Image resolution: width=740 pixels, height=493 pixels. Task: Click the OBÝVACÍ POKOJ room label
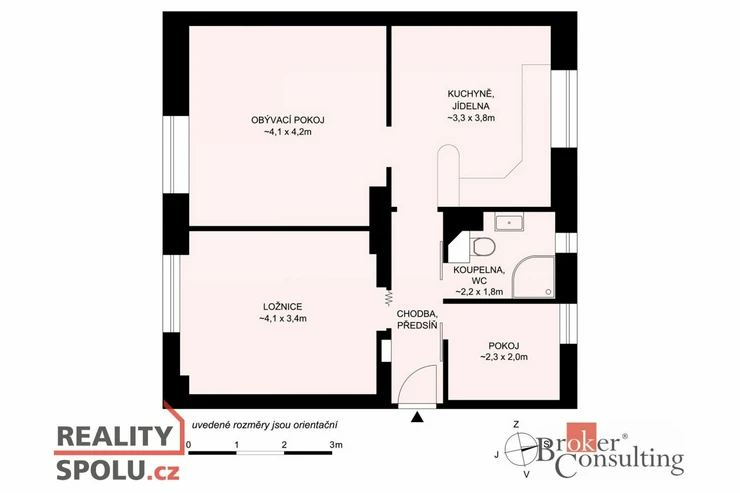tap(287, 120)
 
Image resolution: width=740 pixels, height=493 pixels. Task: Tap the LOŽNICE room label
tap(282, 307)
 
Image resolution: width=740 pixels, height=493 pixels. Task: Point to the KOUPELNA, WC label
tap(479, 276)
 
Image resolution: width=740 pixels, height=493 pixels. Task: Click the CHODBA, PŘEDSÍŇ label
tap(418, 319)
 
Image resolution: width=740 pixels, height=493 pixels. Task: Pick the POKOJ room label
tap(504, 346)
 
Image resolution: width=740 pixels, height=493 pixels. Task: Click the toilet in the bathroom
tap(483, 246)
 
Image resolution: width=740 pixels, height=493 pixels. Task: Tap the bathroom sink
tap(509, 222)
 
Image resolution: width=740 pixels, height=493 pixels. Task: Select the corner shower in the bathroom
tap(533, 277)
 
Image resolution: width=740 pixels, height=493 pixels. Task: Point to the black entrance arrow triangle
tap(417, 417)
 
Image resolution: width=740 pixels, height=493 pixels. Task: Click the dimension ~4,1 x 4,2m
tap(287, 132)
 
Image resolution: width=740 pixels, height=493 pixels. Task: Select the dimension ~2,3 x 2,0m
tap(504, 357)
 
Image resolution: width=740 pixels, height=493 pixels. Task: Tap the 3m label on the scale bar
tap(336, 444)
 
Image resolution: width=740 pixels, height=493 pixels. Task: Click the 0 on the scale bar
tap(189, 444)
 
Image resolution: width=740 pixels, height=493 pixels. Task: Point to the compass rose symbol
tap(521, 450)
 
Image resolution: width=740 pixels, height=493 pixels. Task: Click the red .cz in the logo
tap(162, 471)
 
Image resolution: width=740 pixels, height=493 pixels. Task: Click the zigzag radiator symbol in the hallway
tap(389, 296)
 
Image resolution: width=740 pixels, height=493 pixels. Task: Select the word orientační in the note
tap(316, 425)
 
